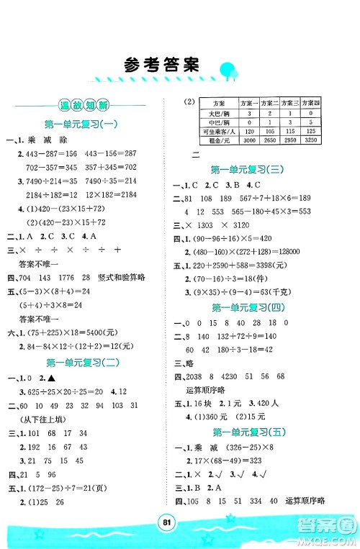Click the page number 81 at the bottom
(x=180, y=519)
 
